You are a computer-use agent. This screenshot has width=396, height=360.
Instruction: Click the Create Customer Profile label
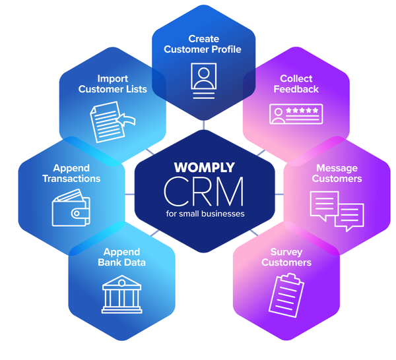[203, 44]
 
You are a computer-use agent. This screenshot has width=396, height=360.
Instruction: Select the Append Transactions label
[71, 173]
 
